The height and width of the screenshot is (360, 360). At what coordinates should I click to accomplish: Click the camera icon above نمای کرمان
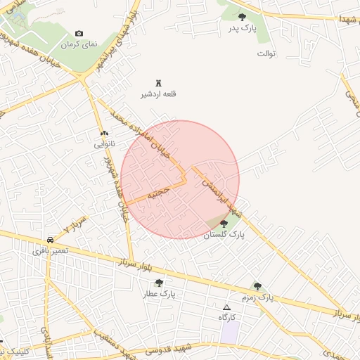tap(79, 34)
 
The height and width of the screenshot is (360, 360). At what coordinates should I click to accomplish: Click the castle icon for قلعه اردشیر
tap(157, 82)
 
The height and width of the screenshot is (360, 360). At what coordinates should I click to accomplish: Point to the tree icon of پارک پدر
tap(242, 17)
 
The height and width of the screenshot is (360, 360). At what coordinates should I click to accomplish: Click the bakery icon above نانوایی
tap(105, 133)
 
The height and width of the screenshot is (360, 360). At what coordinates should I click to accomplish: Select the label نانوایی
tap(105, 144)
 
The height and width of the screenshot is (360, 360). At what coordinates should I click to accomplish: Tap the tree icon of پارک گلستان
tap(224, 224)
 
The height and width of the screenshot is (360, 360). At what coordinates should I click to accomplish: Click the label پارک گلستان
tap(224, 236)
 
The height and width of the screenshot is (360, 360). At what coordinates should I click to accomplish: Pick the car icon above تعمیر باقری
tap(49, 239)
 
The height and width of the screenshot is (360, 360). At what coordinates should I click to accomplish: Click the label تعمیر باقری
tap(50, 250)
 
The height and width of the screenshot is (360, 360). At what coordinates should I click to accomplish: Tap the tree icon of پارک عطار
tap(159, 283)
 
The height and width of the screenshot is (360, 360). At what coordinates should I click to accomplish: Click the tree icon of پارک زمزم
tap(257, 286)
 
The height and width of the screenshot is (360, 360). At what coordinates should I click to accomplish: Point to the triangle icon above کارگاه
tap(226, 307)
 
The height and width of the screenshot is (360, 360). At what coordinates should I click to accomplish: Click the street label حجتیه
tap(159, 192)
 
